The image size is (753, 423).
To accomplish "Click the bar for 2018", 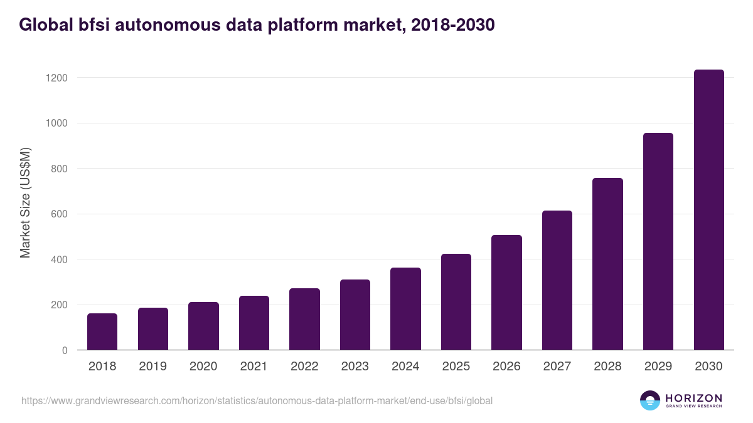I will coord(102,332).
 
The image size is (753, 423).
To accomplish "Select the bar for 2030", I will coord(708,210).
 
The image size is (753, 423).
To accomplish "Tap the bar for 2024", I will coord(405,309).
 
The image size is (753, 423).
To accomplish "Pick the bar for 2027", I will coord(557,280).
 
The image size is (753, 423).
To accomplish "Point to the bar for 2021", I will coord(254,323).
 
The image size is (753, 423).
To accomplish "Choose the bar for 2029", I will coord(658,241).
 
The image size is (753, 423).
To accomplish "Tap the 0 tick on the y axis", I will coord(65,350).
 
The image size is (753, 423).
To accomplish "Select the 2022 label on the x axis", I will coord(304,367).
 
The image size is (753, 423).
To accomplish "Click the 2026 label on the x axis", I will coord(506,367).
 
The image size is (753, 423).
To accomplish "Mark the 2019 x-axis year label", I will coord(152,367).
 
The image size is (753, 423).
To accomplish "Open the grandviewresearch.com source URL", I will coord(257,400).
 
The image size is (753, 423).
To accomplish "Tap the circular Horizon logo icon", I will coord(650,400).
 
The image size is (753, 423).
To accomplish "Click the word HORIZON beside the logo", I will coord(693,398).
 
